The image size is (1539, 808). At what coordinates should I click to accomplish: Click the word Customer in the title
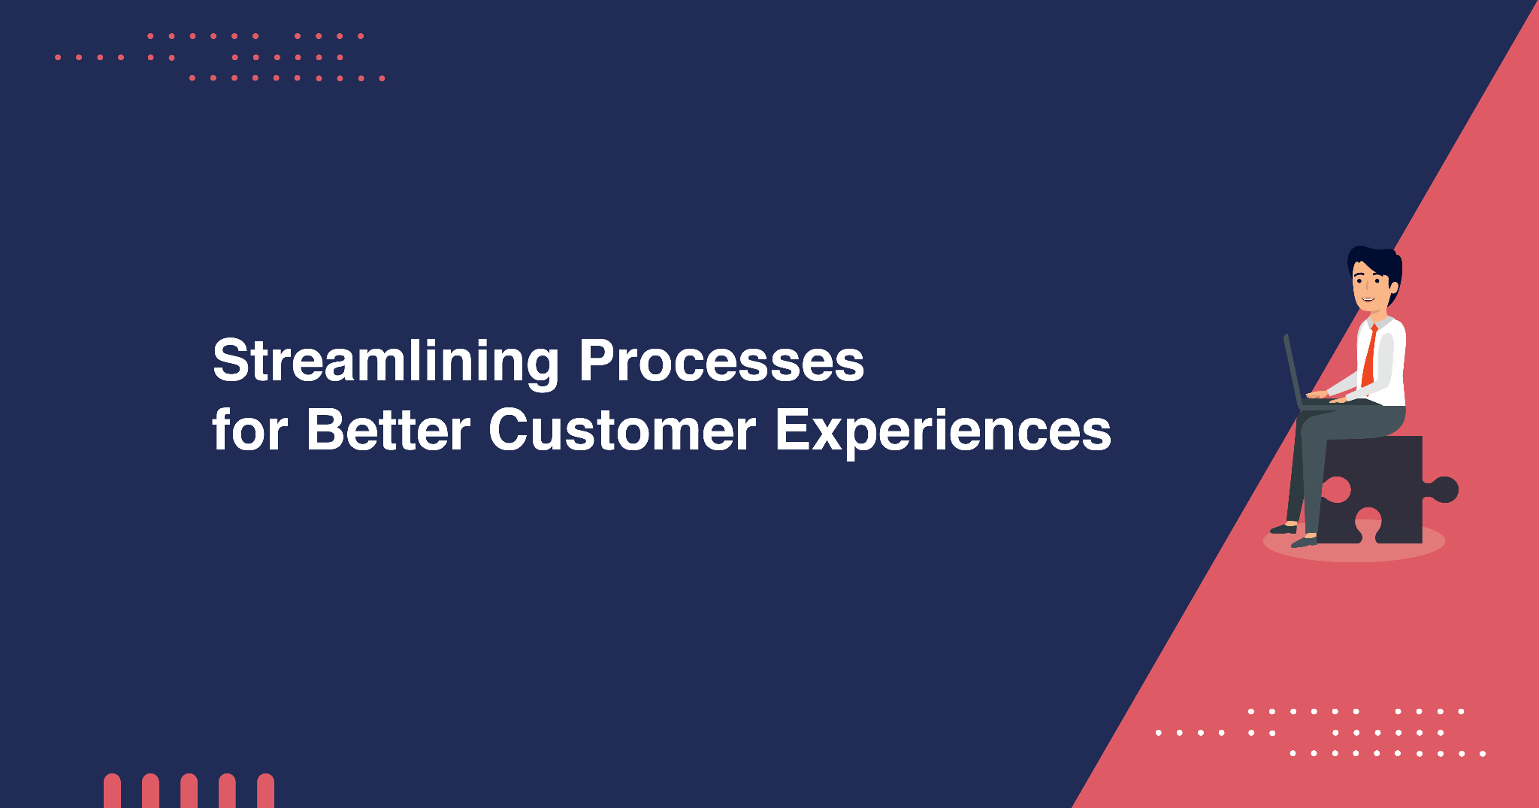coord(622,430)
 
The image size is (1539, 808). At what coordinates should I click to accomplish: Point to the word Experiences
coord(943,432)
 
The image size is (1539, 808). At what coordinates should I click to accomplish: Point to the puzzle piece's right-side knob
coord(1443,489)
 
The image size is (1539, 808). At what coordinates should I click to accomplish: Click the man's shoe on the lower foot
coord(1305,540)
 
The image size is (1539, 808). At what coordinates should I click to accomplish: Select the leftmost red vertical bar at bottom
coord(112,791)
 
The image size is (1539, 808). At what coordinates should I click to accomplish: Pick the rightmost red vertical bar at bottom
coord(265,791)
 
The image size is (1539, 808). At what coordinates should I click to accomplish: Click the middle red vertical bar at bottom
coord(189,791)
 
